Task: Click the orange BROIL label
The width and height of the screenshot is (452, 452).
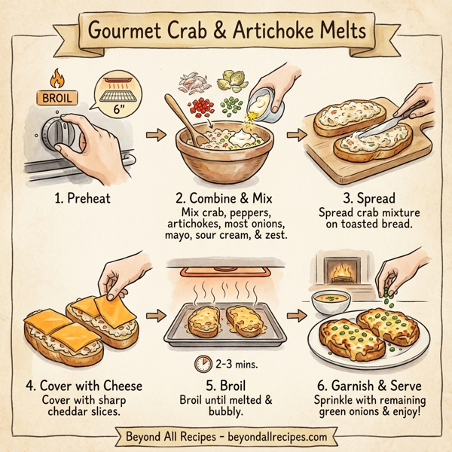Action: coord(54,98)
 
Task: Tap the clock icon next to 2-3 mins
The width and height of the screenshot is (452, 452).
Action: coord(202,364)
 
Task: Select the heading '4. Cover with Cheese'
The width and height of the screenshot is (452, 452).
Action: coord(84,386)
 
